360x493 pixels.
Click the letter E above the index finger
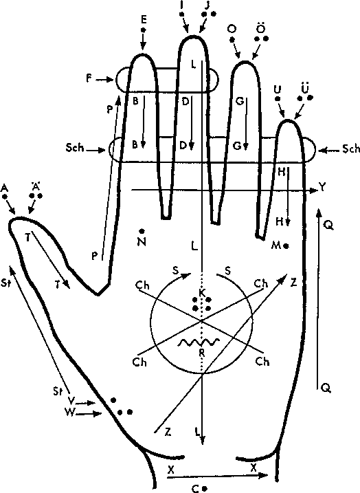pos(144,20)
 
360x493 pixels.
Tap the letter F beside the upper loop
pos(89,78)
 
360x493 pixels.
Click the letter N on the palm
pos(142,242)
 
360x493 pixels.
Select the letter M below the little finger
pos(275,245)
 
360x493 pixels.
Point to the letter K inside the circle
pos(202,293)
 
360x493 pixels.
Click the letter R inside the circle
pos(202,353)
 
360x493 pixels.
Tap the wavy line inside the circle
pos(199,342)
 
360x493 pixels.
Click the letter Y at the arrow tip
pos(323,188)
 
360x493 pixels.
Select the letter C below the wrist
pos(195,488)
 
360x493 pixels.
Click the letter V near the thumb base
pos(71,401)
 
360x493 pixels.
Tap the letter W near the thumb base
pos(70,412)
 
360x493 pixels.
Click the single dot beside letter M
pos(286,246)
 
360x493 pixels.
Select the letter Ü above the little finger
pos(305,87)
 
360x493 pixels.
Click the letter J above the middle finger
pos(207,6)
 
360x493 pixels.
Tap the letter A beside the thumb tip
pos(4,188)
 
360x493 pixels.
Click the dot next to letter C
pos(205,489)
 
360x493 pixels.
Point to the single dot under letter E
pos(144,30)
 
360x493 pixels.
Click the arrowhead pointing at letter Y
pos(313,190)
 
